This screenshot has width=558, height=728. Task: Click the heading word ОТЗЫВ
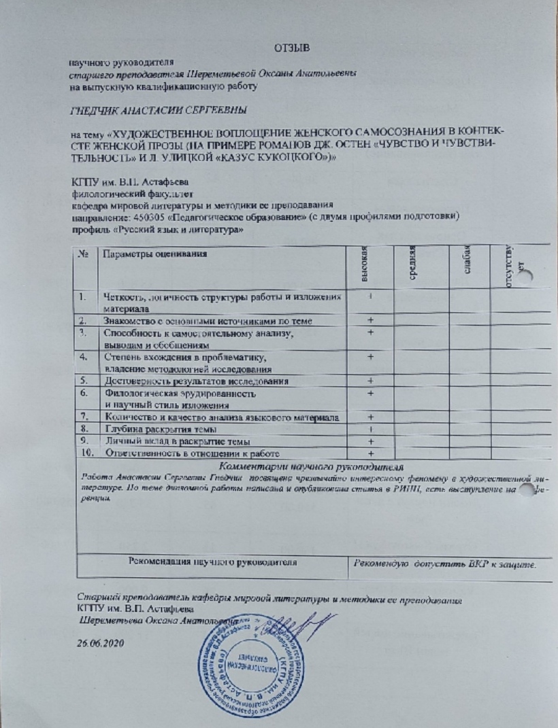[291, 47]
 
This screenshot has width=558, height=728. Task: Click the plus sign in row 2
[371, 320]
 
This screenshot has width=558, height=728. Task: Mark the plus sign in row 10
[371, 453]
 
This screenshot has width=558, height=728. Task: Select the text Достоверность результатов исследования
[187, 381]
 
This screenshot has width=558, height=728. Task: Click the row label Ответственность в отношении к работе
[188, 453]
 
